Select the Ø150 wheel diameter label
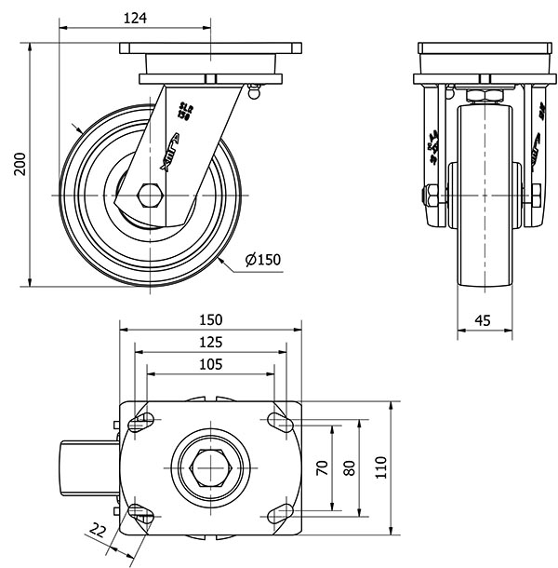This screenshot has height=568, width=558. click(x=263, y=260)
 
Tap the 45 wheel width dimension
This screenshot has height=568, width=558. click(x=483, y=319)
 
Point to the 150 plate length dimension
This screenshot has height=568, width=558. click(x=211, y=318)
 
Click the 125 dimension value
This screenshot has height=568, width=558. click(x=211, y=342)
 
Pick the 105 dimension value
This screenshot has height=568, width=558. click(x=211, y=364)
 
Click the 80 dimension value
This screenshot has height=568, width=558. click(x=350, y=467)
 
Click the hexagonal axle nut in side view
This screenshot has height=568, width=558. click(x=149, y=196)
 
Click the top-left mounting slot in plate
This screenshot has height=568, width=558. click(x=141, y=422)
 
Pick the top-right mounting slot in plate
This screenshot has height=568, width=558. click(x=281, y=422)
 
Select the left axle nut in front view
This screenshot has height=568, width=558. click(x=432, y=196)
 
